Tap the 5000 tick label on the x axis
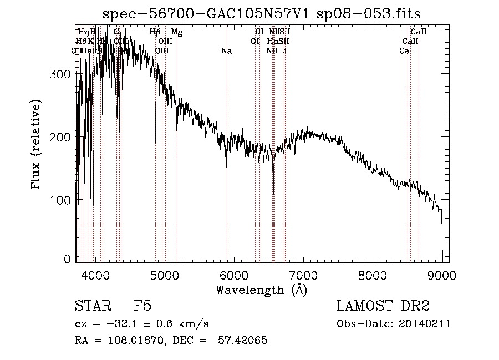pyautogui.click(x=165, y=275)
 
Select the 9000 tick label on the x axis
pyautogui.click(x=442, y=275)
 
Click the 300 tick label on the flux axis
pyautogui.click(x=61, y=74)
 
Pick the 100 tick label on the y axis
pyautogui.click(x=61, y=199)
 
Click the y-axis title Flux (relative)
pyautogui.click(x=37, y=145)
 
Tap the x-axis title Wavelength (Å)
pyautogui.click(x=261, y=290)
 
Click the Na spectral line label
pyautogui.click(x=226, y=51)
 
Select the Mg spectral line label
pyautogui.click(x=176, y=32)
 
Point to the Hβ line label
pyautogui.click(x=155, y=32)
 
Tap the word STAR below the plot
pyautogui.click(x=89, y=306)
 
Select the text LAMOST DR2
pyautogui.click(x=383, y=306)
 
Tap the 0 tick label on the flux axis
pyautogui.click(x=67, y=259)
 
